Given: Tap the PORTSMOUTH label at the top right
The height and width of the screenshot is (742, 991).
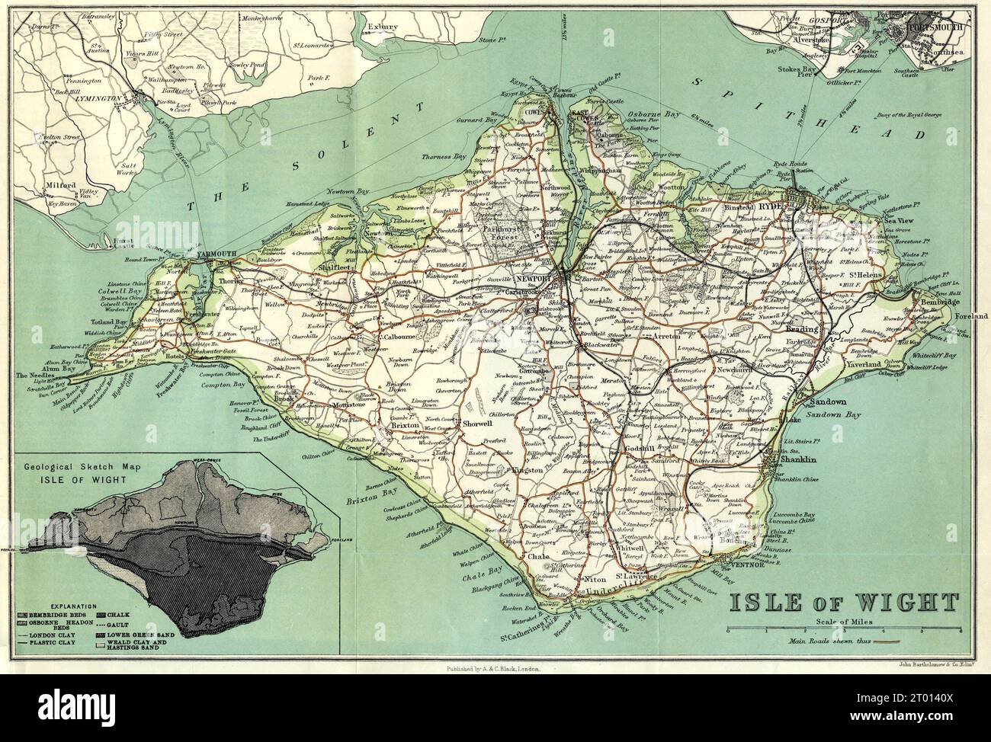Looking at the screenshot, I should tap(935, 27).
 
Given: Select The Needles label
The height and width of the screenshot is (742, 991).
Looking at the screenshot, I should tap(35, 376).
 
